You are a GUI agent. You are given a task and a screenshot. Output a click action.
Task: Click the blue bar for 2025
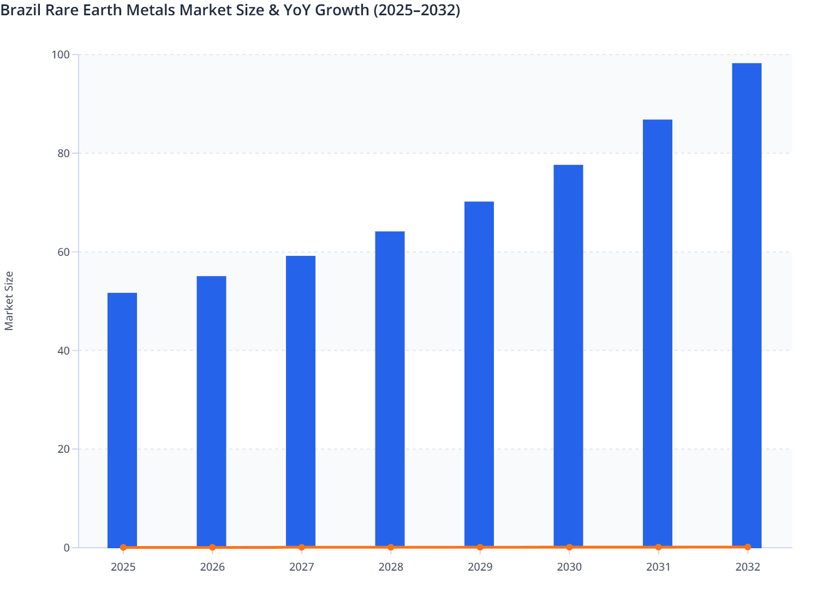[x=122, y=420]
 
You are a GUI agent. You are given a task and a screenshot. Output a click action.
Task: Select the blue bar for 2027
[x=301, y=402]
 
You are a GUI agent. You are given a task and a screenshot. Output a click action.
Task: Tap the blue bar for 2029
[x=479, y=374]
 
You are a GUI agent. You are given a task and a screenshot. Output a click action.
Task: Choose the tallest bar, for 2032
[x=747, y=305]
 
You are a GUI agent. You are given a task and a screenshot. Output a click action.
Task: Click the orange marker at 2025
[x=123, y=547]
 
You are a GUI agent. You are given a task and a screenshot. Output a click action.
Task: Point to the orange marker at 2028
[x=391, y=547]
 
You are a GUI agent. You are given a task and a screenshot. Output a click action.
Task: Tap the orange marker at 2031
[x=658, y=547]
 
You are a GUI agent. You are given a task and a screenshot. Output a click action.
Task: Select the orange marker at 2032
[x=748, y=547]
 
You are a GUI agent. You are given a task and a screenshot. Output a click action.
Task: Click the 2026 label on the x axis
[x=212, y=567]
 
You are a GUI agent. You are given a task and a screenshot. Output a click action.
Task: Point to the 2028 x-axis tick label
[x=391, y=567]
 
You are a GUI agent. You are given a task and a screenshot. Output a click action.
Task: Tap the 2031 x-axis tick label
[x=658, y=567]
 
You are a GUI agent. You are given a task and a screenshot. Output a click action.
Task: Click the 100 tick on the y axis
[x=61, y=55]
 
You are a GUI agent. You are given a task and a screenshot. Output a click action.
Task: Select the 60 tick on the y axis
[x=63, y=252]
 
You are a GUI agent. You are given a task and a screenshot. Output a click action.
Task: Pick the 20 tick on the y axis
[x=63, y=449]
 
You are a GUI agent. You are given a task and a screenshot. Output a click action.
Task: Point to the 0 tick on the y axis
[x=67, y=548]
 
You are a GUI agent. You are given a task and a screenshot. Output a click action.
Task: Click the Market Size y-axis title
[x=9, y=301]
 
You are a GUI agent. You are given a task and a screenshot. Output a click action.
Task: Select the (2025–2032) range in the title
[x=417, y=10]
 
